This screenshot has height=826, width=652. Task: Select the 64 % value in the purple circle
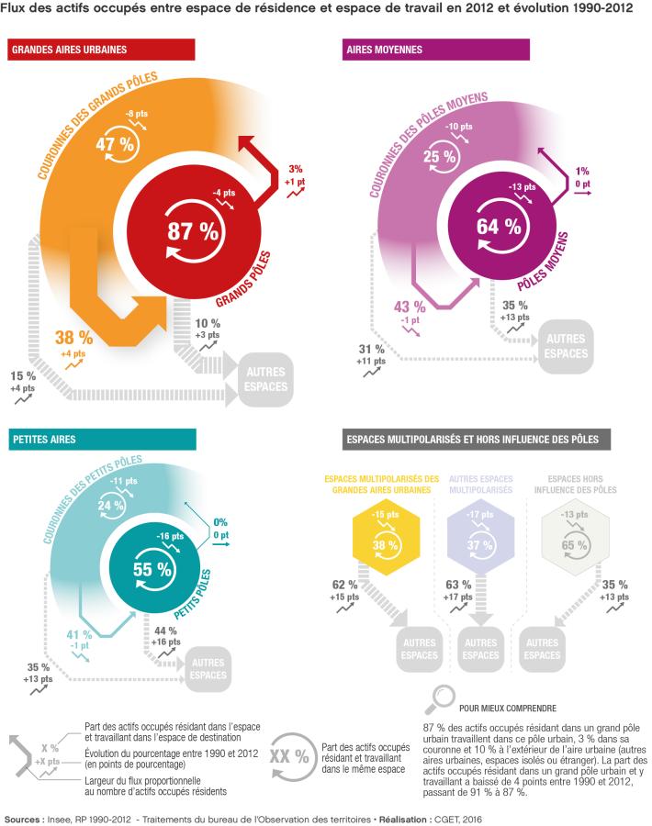click(x=499, y=226)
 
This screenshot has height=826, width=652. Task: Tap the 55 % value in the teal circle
click(x=152, y=569)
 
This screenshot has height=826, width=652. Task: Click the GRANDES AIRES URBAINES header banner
click(x=101, y=50)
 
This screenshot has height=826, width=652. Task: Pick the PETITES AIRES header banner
click(x=101, y=440)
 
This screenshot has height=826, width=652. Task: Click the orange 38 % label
click(x=73, y=336)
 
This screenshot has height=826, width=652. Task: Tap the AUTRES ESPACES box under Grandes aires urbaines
click(x=266, y=379)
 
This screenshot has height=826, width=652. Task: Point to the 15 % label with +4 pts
click(x=23, y=376)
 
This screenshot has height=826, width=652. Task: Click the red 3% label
click(x=294, y=169)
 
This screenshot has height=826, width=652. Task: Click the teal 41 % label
click(x=80, y=634)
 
